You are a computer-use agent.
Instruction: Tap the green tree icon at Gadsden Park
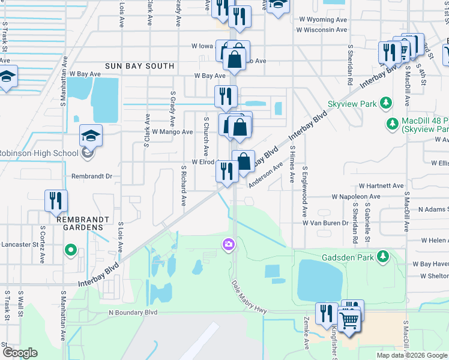pyautogui.click(x=382, y=257)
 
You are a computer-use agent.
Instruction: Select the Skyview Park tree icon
pyautogui.click(x=388, y=104)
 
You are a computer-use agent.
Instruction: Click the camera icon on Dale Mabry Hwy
pyautogui.click(x=228, y=244)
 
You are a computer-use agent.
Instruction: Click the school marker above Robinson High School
pyautogui.click(x=91, y=136)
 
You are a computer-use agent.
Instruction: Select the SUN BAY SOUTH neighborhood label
pyautogui.click(x=139, y=66)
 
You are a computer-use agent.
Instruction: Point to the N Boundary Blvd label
pyautogui.click(x=133, y=313)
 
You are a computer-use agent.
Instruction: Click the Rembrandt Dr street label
pyautogui.click(x=92, y=176)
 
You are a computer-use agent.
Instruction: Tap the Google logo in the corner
pyautogui.click(x=20, y=353)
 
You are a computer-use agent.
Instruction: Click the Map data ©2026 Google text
pyautogui.click(x=411, y=355)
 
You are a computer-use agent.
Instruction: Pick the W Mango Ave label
pyautogui.click(x=172, y=131)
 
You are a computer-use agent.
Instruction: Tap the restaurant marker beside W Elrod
pyautogui.click(x=226, y=172)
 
